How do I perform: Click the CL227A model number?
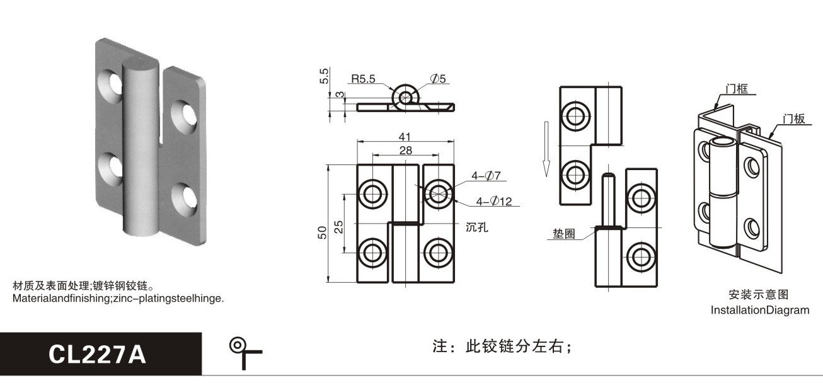click(98, 355)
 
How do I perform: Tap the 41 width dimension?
click(405, 137)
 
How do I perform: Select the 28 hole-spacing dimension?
click(406, 150)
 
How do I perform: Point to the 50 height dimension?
click(322, 233)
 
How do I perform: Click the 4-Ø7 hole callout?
click(486, 176)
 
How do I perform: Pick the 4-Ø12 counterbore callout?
click(494, 201)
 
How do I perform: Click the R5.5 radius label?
click(363, 79)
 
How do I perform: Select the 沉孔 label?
click(477, 227)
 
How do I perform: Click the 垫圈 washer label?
click(564, 234)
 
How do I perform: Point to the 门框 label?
click(737, 88)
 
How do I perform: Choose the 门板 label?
click(793, 118)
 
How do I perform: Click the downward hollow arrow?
click(546, 149)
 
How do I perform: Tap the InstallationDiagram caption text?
click(760, 310)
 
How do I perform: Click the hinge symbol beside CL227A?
click(245, 353)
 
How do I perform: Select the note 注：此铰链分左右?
click(502, 346)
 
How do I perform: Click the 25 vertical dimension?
click(338, 227)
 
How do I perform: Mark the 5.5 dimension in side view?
click(324, 76)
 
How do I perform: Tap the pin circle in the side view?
click(405, 97)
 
